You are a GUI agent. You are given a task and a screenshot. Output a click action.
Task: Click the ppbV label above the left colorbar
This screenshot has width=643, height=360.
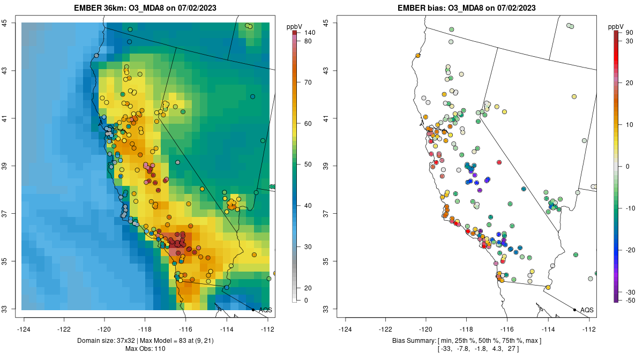[x=294, y=26]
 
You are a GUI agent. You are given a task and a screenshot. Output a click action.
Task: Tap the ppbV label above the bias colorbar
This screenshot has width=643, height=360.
[x=616, y=26]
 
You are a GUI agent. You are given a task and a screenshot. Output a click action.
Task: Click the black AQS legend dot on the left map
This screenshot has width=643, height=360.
[x=253, y=310]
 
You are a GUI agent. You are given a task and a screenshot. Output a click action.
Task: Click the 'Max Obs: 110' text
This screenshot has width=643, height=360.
[x=146, y=349]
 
